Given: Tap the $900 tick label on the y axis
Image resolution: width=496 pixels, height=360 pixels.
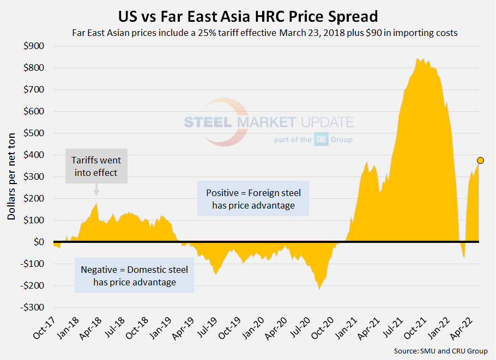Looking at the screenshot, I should point(34,46).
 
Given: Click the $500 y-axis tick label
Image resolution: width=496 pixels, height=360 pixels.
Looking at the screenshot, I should point(34,133).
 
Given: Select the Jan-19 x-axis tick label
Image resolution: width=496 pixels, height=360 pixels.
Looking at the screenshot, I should point(162,330).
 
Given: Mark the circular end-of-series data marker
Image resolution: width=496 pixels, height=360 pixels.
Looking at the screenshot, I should point(480,161).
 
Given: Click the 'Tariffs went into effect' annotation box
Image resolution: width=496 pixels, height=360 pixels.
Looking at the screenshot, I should point(96,166).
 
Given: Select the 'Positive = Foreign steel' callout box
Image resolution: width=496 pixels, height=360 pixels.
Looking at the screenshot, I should point(253,199).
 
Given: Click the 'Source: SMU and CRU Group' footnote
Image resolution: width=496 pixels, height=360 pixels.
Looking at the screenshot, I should point(440,351).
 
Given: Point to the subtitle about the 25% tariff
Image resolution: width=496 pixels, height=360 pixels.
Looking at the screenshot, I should point(264,33).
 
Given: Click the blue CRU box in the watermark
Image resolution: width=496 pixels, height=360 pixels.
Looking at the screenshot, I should point(320,140).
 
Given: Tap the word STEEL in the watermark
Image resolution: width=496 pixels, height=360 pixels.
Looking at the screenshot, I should point(209,122).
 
